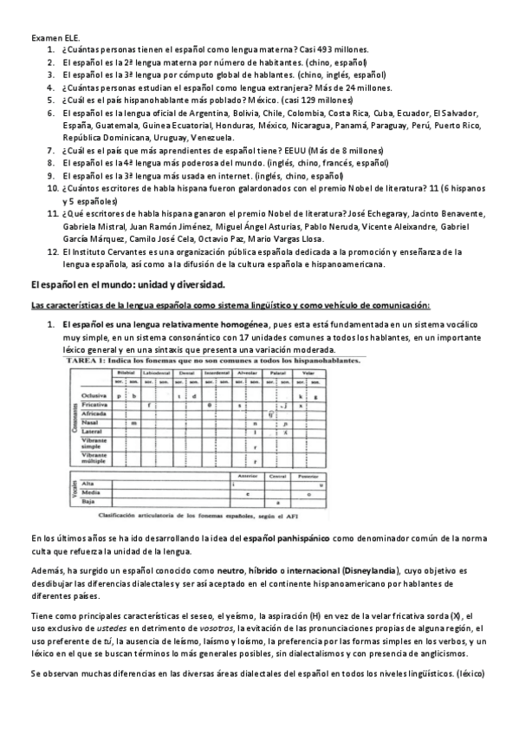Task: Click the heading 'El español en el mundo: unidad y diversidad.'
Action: (127, 284)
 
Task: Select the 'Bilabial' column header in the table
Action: (128, 372)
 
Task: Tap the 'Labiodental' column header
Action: (157, 372)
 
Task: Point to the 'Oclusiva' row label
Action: (94, 394)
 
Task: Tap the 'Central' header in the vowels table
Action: (278, 475)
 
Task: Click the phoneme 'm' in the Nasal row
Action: (135, 422)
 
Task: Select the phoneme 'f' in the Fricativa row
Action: (150, 404)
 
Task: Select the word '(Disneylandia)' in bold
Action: (371, 570)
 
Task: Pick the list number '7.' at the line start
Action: (51, 150)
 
